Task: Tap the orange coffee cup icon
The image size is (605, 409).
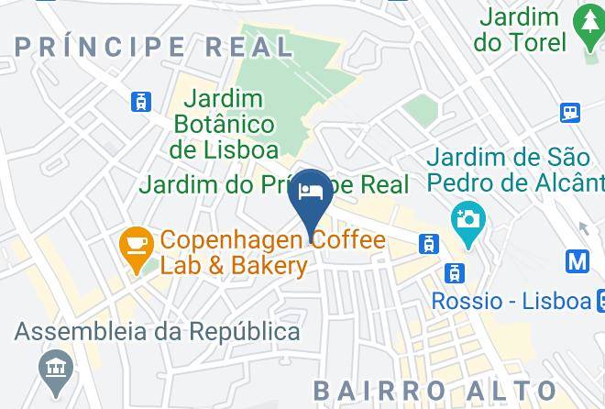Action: (137, 245)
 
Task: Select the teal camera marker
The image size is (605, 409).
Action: (467, 221)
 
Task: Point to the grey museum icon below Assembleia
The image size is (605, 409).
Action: (58, 369)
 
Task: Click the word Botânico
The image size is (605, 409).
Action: (224, 123)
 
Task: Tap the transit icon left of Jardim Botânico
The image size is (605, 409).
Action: (141, 101)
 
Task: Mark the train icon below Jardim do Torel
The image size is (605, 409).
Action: (570, 112)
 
